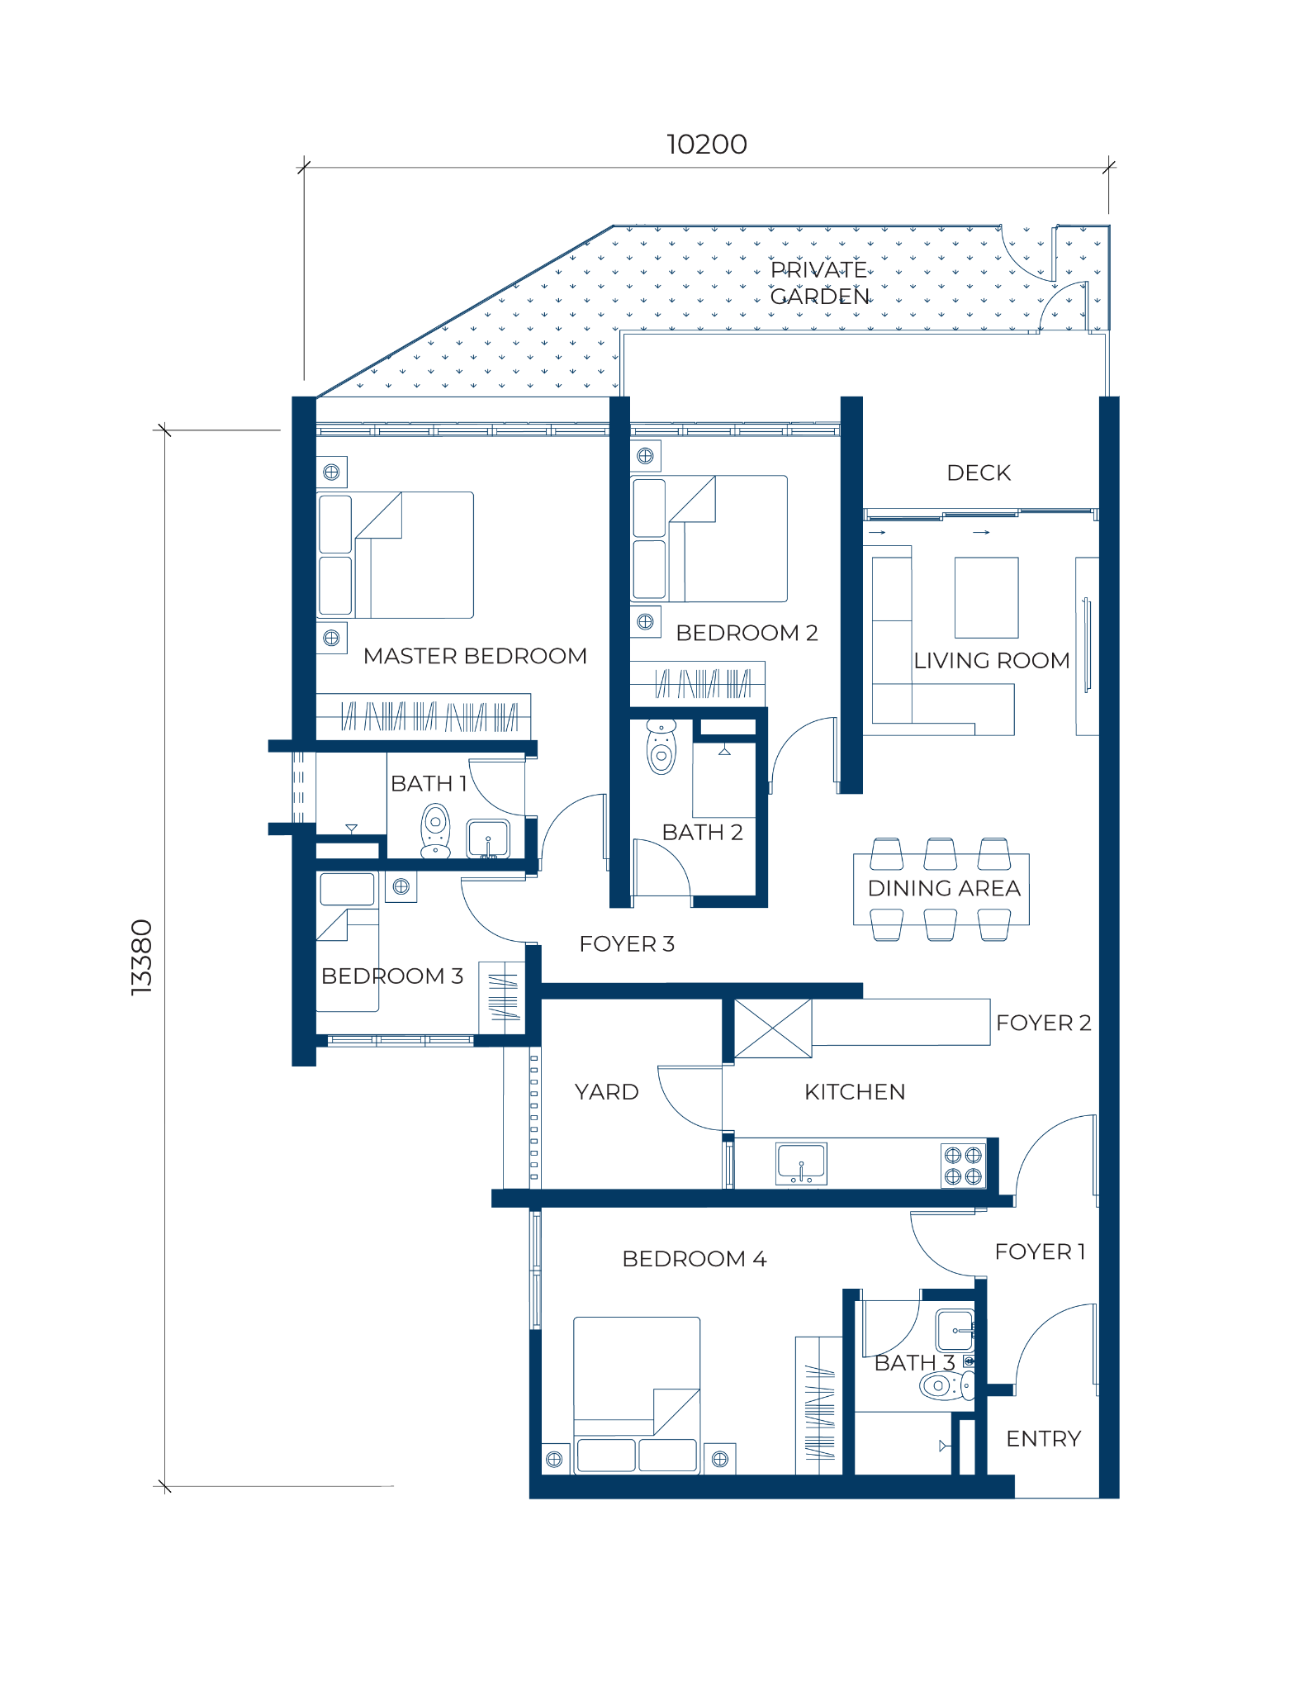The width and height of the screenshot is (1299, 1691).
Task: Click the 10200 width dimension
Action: point(707,145)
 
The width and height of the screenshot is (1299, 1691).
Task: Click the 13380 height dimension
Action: point(142,957)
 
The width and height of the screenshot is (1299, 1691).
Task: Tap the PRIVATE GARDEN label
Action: point(819,283)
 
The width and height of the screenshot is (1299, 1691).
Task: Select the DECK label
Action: point(979,473)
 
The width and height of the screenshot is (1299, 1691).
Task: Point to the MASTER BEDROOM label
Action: point(475,656)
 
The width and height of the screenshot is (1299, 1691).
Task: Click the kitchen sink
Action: point(801,1163)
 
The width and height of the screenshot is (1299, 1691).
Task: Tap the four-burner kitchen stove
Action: point(963,1166)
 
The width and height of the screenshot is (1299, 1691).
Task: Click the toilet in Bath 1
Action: point(435,832)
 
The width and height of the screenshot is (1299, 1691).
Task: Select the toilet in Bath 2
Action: point(661,746)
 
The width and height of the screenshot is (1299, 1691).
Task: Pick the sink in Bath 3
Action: point(955,1331)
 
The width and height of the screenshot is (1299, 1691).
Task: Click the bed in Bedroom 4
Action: point(637,1394)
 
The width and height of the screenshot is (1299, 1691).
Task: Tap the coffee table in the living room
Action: point(986,597)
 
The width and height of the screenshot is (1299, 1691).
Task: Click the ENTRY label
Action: point(1043,1439)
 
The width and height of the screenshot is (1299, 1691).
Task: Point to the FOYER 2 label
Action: point(1044,1023)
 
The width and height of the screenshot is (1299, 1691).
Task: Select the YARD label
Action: point(606,1092)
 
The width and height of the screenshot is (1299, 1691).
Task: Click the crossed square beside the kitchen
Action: point(773,1028)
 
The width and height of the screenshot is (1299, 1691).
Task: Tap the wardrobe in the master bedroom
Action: point(424,716)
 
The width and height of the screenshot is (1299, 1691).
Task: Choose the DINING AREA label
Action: point(944,888)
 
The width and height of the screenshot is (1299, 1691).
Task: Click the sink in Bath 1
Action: point(488,838)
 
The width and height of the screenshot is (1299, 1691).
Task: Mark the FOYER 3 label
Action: point(627,943)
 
